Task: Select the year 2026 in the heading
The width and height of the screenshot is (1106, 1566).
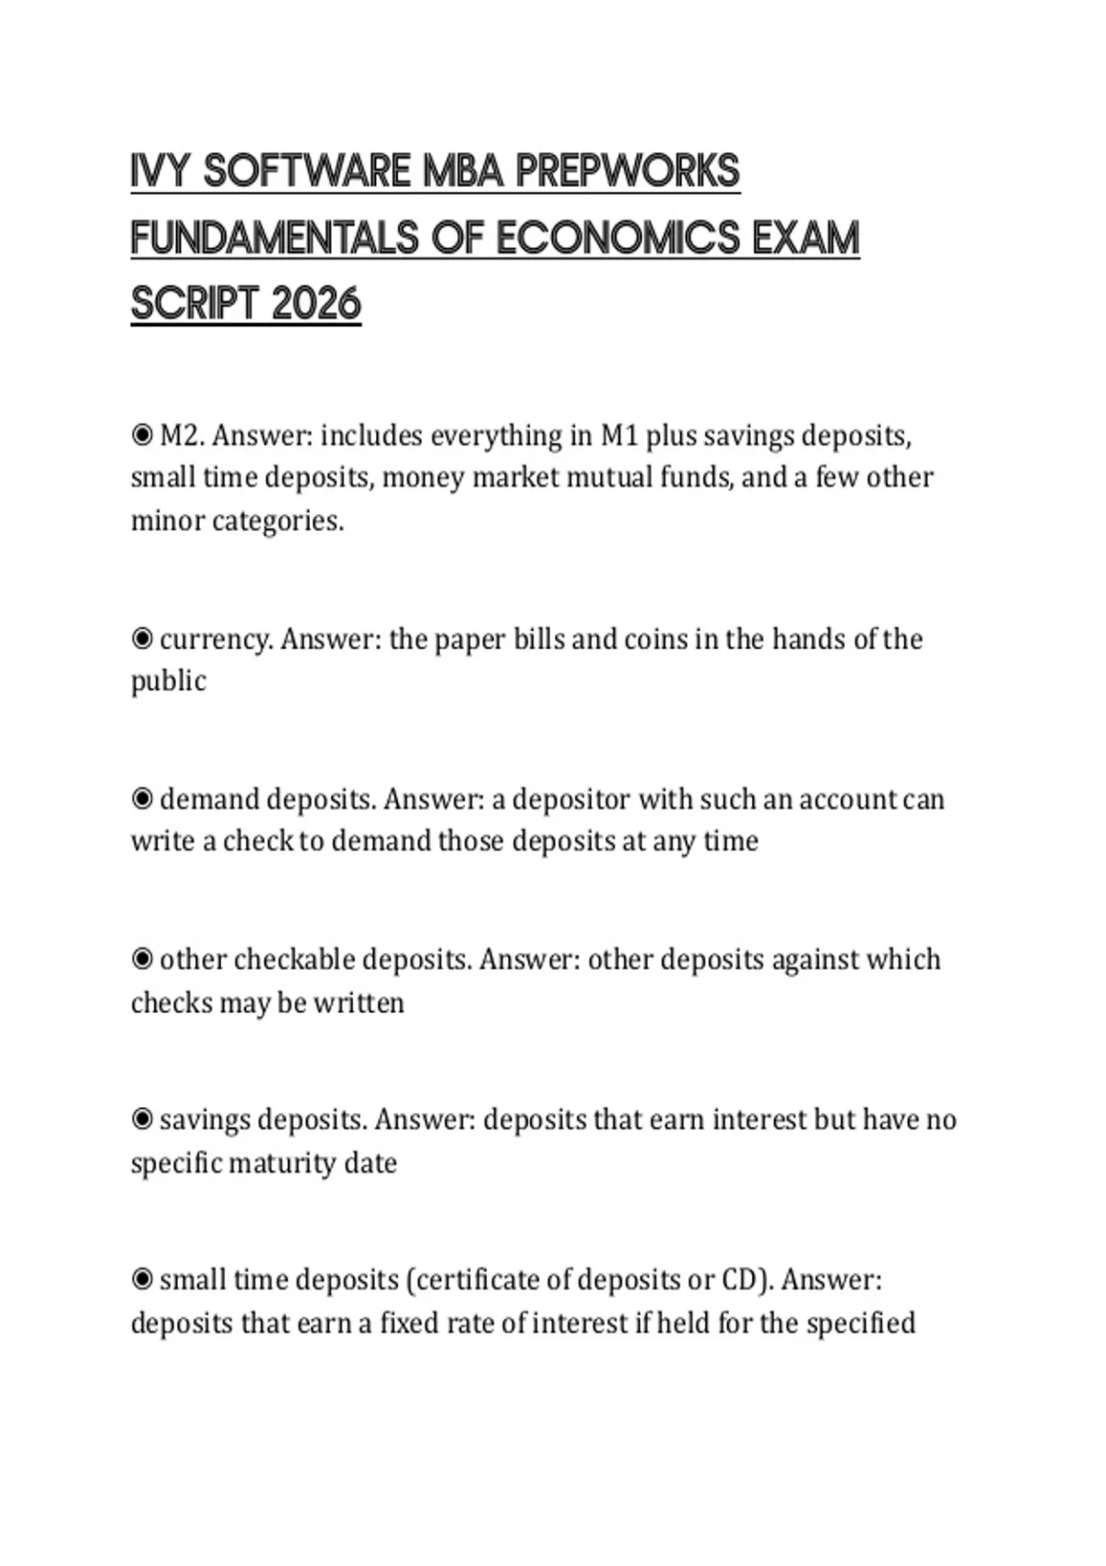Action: coord(316,304)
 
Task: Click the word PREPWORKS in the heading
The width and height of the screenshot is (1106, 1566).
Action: coord(628,171)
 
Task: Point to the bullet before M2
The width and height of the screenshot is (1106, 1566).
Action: coord(142,435)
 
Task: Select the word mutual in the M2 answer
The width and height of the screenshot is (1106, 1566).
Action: coord(608,477)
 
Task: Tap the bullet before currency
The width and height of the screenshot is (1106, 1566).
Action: coord(142,638)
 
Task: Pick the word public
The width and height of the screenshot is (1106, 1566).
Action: coord(168,682)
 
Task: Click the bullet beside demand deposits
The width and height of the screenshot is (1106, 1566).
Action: coord(142,799)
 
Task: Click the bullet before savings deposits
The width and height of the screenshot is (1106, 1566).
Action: coord(142,1119)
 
